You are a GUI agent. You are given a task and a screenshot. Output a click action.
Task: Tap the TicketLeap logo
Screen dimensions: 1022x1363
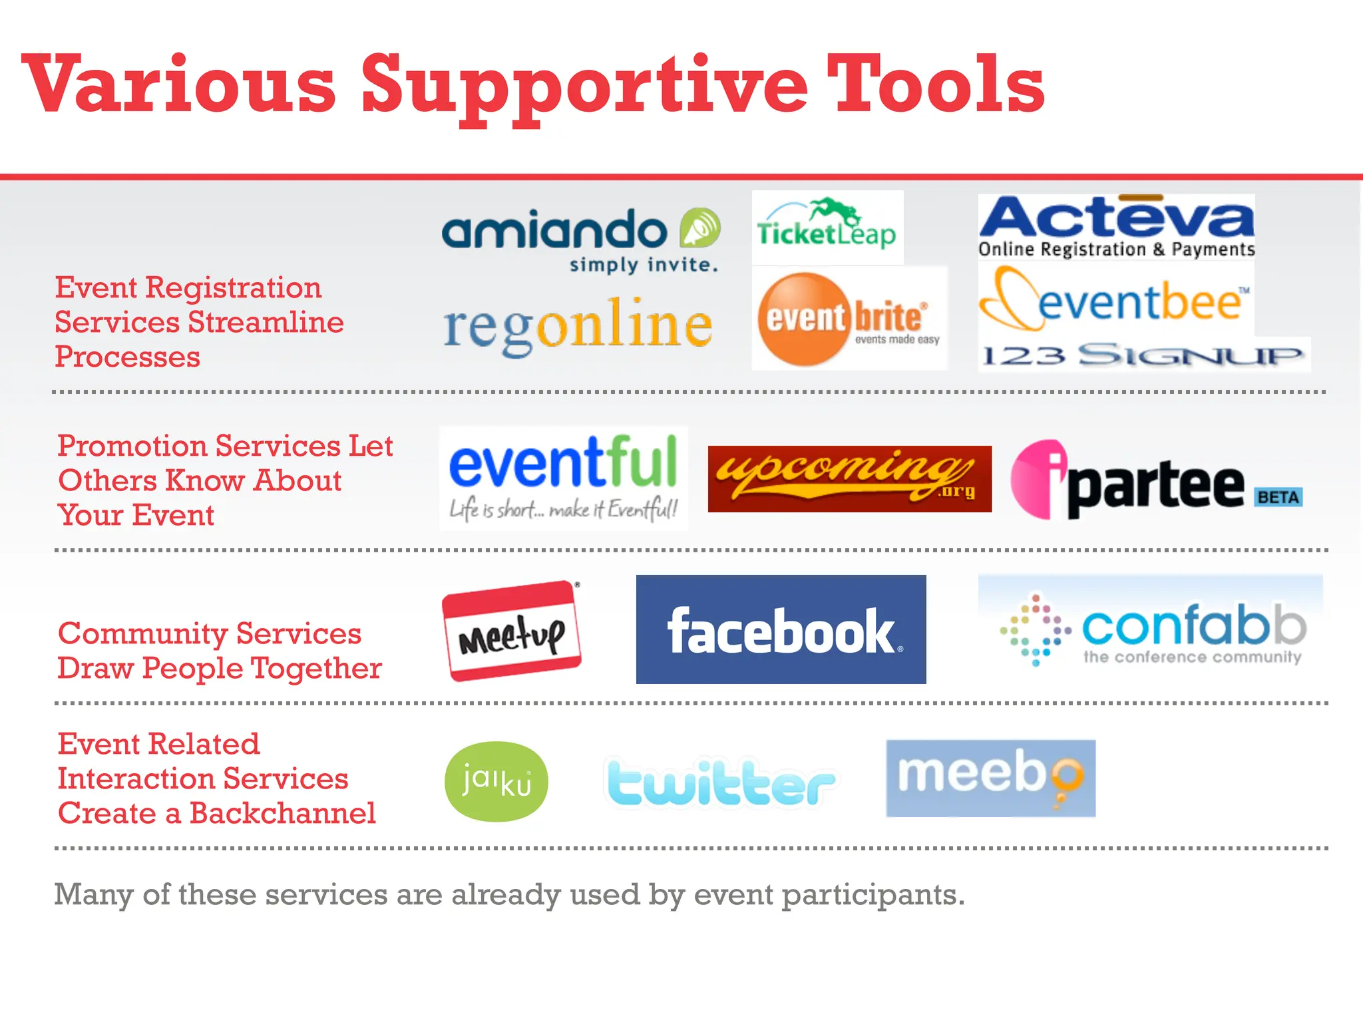[x=827, y=227]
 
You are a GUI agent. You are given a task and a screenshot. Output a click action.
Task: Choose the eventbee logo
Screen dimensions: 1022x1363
[x=1115, y=301]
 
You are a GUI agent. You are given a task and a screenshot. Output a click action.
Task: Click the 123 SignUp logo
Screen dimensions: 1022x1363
[x=1143, y=355]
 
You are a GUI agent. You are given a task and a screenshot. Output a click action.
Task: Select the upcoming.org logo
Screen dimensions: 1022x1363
[x=849, y=478]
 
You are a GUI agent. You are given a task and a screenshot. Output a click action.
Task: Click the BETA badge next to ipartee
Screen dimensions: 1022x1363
[x=1278, y=497]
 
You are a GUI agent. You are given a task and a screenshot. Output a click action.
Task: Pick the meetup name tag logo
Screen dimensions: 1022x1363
[x=511, y=631]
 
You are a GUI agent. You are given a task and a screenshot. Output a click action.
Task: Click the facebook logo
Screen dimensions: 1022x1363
[x=781, y=629]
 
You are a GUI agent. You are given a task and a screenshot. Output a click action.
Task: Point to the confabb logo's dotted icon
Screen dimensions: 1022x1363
[x=1035, y=629]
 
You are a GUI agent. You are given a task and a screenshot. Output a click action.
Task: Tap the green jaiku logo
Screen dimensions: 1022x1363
[x=496, y=781]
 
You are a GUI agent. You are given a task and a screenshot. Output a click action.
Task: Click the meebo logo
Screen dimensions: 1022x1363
[x=990, y=778]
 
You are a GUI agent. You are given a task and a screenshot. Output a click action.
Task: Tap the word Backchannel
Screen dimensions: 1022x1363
[x=283, y=813]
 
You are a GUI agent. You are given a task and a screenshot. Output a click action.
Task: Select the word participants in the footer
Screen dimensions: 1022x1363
[x=873, y=895]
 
